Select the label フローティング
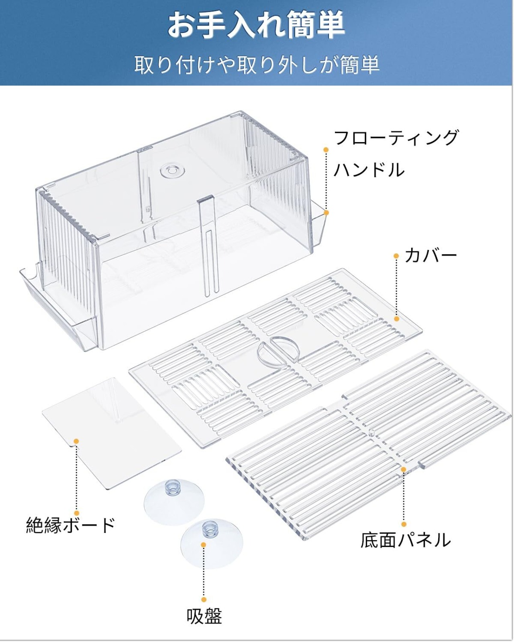click(x=396, y=138)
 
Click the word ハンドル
click(x=369, y=170)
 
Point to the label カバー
click(x=430, y=255)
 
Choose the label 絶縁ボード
click(x=71, y=525)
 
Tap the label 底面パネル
click(x=406, y=540)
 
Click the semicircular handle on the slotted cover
click(x=277, y=350)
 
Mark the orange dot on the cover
click(x=397, y=319)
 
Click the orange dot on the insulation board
click(x=76, y=441)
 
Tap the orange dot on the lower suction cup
click(x=204, y=544)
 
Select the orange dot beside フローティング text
click(x=326, y=150)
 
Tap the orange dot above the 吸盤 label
click(x=204, y=599)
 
